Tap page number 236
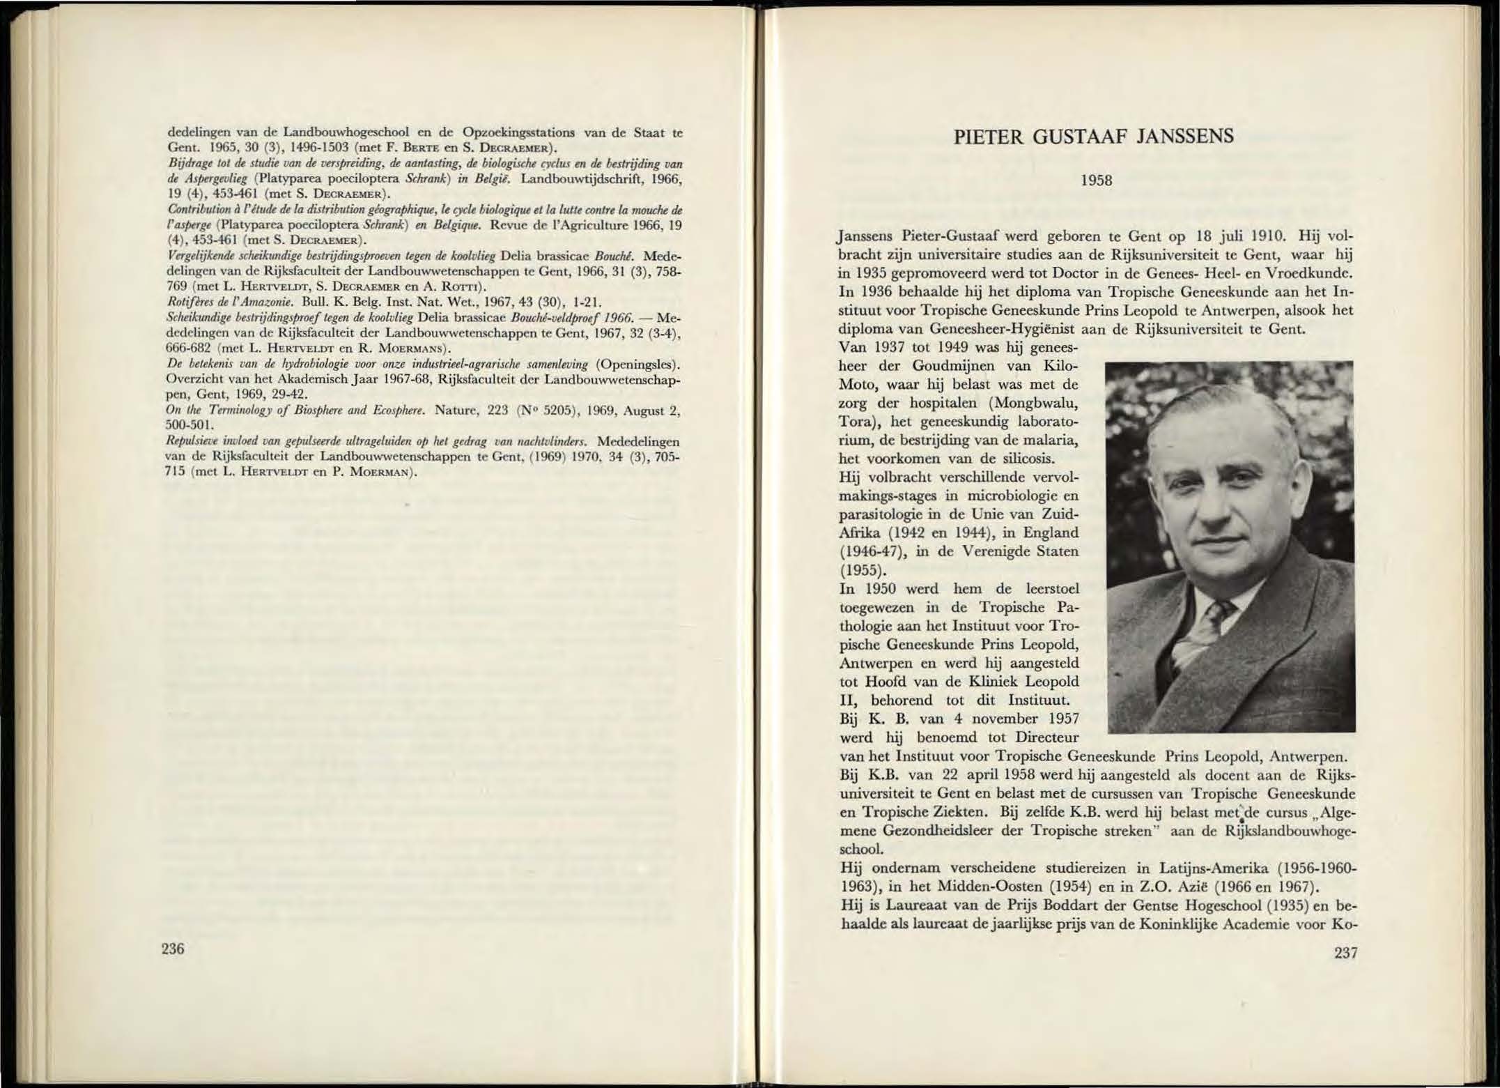172,948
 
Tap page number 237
1345,953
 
